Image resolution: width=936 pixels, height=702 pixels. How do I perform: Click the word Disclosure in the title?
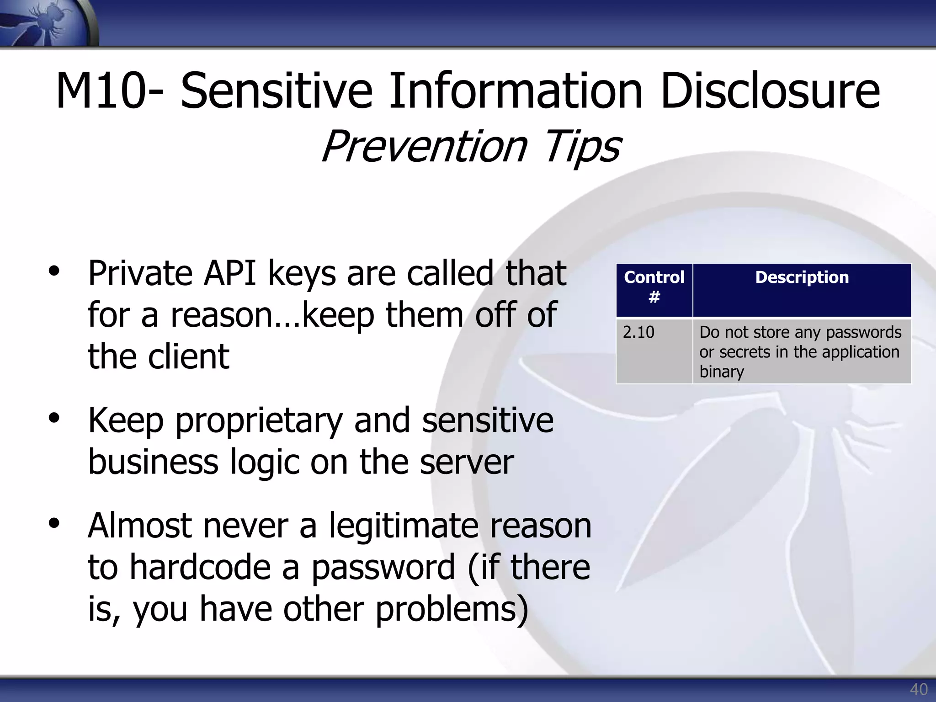[770, 91]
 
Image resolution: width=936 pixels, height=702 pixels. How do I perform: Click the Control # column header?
[654, 287]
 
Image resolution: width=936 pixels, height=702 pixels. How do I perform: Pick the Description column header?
[802, 277]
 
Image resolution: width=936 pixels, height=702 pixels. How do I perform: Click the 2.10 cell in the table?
[638, 332]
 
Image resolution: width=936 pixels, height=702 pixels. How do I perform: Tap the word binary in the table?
[721, 372]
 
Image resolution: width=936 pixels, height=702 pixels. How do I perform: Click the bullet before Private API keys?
[54, 271]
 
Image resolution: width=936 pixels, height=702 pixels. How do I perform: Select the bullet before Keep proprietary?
[54, 418]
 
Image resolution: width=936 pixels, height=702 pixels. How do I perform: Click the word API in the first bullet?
[229, 273]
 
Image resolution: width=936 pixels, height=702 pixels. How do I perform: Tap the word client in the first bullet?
[188, 356]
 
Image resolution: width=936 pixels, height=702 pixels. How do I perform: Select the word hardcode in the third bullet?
[200, 567]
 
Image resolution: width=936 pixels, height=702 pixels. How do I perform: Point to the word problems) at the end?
[452, 610]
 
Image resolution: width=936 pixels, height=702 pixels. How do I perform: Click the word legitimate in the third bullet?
[403, 526]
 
